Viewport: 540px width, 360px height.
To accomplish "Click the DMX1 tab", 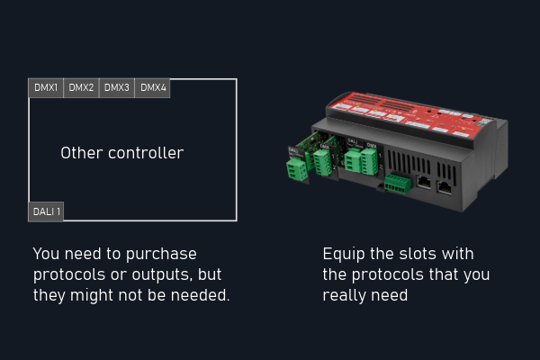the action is pyautogui.click(x=46, y=88).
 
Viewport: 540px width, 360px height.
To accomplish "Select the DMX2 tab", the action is pyautogui.click(x=81, y=88).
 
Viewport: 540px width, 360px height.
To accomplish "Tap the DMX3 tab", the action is pyautogui.click(x=117, y=88).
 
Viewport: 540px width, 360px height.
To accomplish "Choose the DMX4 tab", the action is pyautogui.click(x=153, y=88).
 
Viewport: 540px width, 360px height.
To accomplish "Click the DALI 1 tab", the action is pyautogui.click(x=46, y=211).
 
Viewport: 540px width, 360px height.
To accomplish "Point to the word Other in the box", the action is pyautogui.click(x=82, y=153).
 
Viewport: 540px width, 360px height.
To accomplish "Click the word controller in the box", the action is pyautogui.click(x=146, y=153).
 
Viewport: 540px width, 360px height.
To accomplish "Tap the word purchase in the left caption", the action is pyautogui.click(x=161, y=255).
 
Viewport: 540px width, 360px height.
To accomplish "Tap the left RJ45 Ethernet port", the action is pyautogui.click(x=423, y=182).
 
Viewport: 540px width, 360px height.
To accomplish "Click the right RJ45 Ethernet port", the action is pyautogui.click(x=445, y=187).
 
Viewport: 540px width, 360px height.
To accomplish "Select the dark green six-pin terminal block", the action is pyautogui.click(x=398, y=184).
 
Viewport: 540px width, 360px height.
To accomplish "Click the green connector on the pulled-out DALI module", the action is pyautogui.click(x=296, y=167).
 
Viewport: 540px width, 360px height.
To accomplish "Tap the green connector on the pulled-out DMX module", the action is pyautogui.click(x=322, y=162).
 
